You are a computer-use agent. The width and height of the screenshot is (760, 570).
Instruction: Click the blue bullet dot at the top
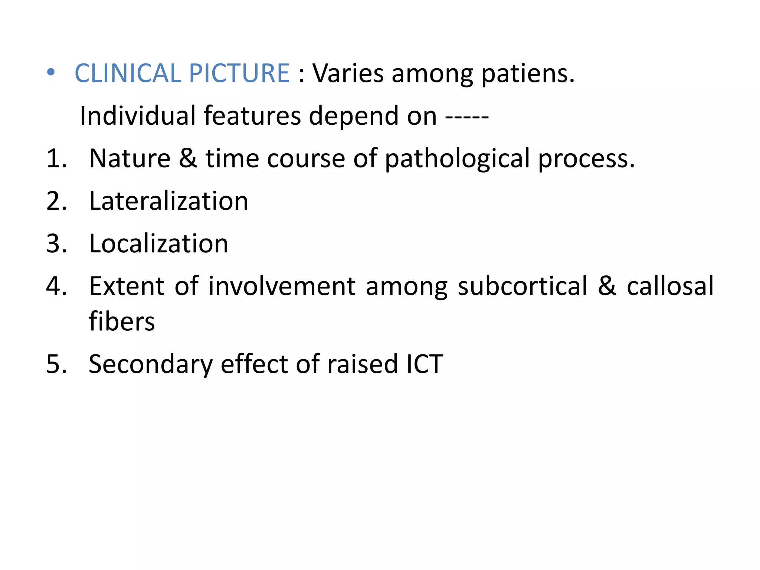51,72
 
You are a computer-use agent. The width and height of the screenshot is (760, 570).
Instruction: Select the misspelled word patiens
528,73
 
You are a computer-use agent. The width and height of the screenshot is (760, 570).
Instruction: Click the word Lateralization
168,201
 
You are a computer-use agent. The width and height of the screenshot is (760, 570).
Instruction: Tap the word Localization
158,244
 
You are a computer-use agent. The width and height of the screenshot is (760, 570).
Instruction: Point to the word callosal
670,286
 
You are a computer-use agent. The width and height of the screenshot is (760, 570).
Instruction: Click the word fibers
122,321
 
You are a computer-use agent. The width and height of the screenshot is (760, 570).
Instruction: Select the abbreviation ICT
425,364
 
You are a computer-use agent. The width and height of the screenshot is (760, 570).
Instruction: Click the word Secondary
150,365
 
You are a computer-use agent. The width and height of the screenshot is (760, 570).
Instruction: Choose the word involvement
282,286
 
